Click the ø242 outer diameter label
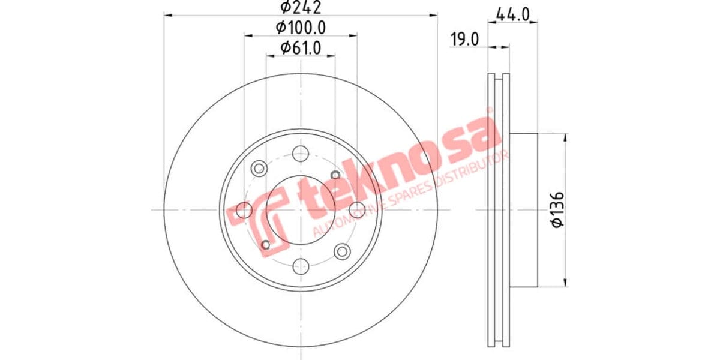point(301,7)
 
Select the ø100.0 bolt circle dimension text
point(301,28)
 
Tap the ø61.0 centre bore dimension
point(301,47)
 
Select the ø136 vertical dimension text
point(557,209)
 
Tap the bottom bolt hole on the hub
point(300,266)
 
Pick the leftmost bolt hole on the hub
point(244,210)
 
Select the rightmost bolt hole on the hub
point(357,210)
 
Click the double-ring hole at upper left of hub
point(260,169)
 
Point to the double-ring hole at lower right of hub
point(341,251)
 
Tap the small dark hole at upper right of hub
point(335,175)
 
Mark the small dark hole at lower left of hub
point(265,245)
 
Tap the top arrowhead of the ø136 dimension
point(566,138)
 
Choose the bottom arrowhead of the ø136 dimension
point(566,281)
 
